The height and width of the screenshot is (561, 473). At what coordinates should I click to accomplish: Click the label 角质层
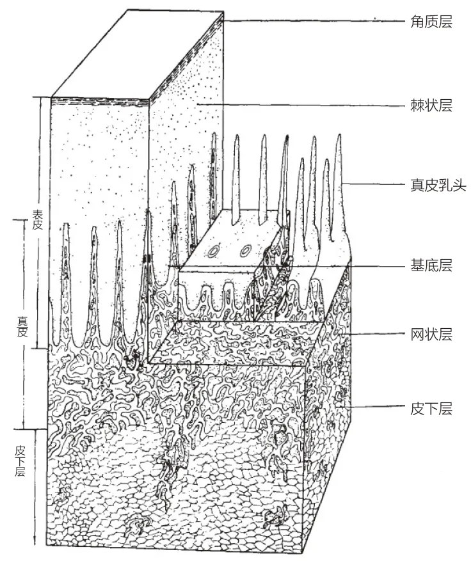(430, 22)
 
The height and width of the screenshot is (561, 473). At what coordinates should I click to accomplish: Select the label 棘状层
(430, 106)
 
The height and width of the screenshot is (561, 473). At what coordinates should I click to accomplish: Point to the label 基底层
(430, 265)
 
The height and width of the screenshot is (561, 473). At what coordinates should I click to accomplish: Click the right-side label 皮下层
(430, 409)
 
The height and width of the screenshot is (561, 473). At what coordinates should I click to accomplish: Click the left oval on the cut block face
(212, 251)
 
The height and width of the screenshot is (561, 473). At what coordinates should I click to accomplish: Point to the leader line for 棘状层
(301, 105)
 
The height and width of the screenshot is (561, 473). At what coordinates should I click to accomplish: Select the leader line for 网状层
(378, 334)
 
